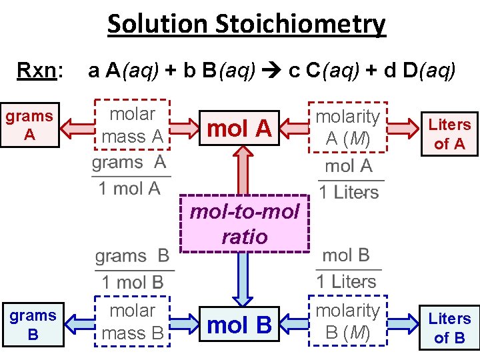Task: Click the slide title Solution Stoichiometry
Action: [246, 25]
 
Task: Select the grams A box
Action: [30, 125]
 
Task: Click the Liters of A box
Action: [449, 133]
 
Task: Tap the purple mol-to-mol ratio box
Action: [245, 224]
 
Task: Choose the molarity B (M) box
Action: [347, 322]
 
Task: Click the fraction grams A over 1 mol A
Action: [130, 175]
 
